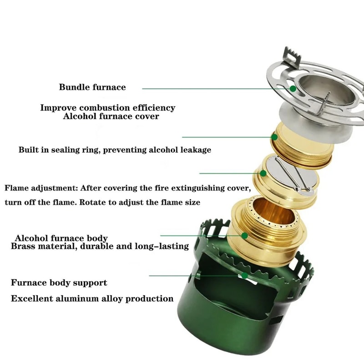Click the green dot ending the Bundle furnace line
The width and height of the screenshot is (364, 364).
[x=292, y=88]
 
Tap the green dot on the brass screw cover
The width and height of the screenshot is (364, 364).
[x=275, y=136]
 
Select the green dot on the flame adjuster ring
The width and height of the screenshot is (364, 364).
[x=263, y=173]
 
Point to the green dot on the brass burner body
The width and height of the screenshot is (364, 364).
[x=245, y=235]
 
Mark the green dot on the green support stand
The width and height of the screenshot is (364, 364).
[x=245, y=275]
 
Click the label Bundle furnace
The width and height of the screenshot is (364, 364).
[x=92, y=87]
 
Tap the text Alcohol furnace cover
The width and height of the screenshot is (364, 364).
[x=111, y=116]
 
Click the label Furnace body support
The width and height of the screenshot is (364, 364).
[x=59, y=283]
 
